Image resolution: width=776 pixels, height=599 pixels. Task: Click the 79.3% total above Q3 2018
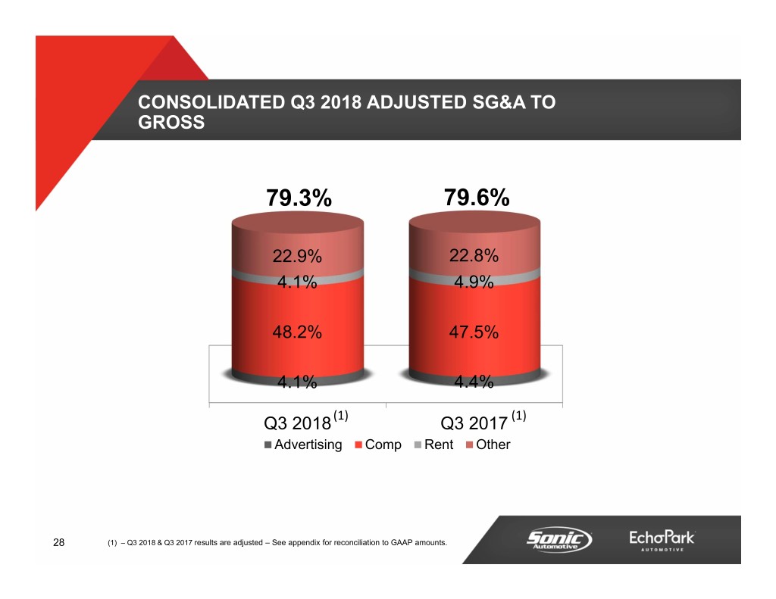(299, 198)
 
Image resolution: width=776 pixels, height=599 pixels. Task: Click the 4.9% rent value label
(474, 282)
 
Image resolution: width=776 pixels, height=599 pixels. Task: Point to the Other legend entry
(488, 445)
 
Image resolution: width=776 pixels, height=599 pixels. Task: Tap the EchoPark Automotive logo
(662, 541)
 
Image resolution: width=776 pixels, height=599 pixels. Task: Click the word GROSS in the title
(172, 122)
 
